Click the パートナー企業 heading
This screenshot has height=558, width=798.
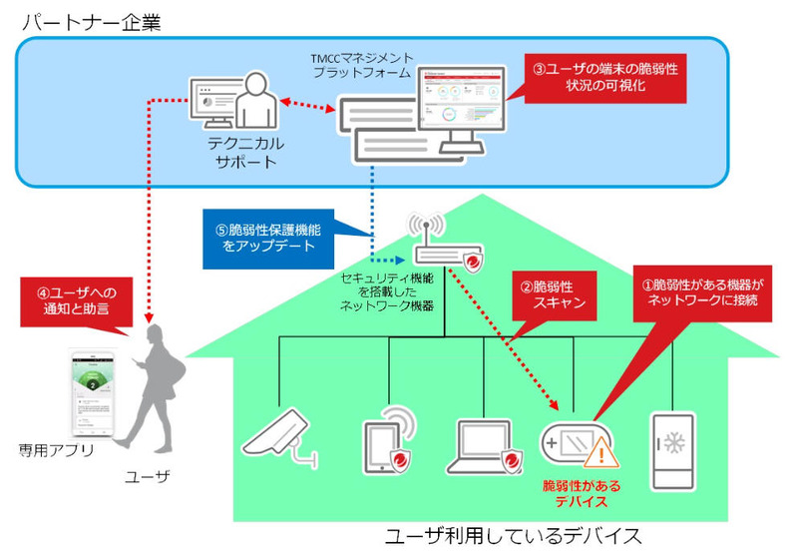(x=95, y=19)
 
